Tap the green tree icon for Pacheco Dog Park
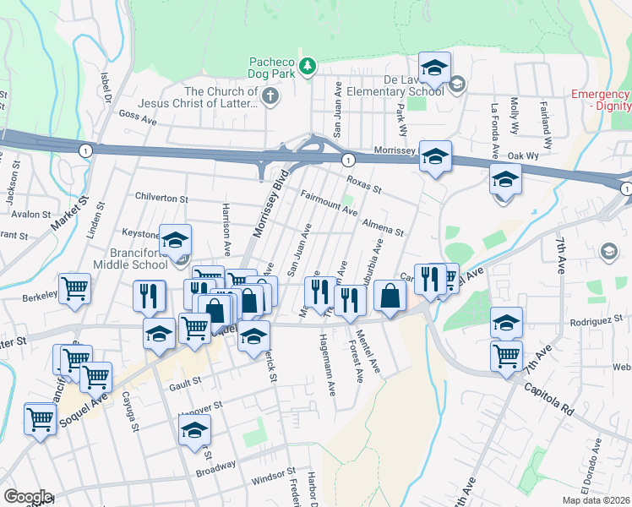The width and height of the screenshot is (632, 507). [x=309, y=64]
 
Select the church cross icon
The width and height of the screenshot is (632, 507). [x=270, y=96]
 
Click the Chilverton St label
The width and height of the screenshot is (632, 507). [x=161, y=197]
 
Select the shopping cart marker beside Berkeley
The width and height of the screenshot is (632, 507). [x=74, y=288]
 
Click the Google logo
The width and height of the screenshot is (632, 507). [x=27, y=496]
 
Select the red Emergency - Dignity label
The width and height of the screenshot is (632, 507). [x=601, y=100]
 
